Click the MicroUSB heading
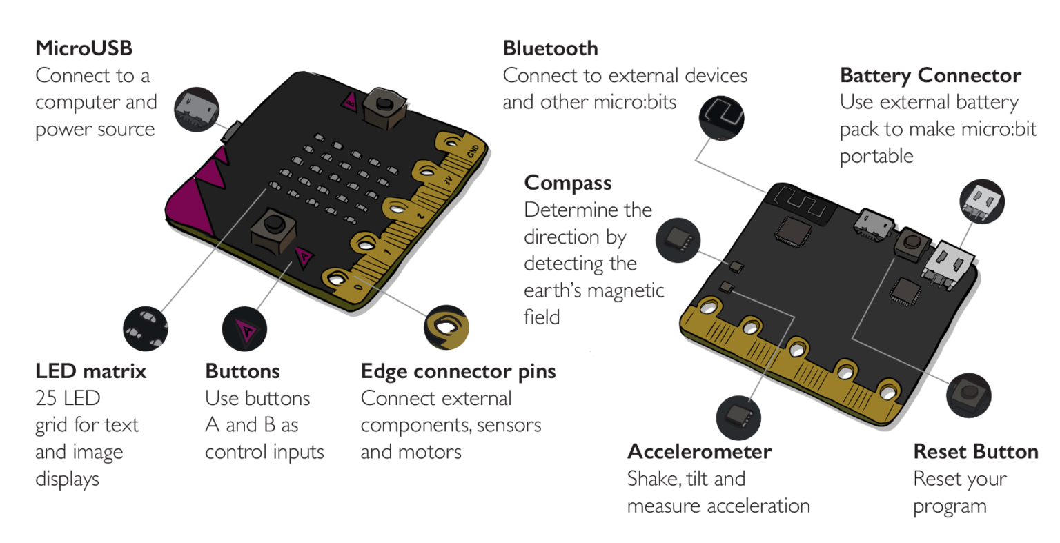point(84,48)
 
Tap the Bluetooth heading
point(550,48)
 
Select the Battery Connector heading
point(930,75)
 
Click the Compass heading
point(567,183)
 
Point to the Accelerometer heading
point(698,452)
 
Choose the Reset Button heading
point(975,452)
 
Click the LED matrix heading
point(90,371)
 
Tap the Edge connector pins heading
point(458,371)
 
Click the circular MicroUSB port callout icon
point(197,109)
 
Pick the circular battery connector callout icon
point(983,201)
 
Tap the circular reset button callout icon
point(969,395)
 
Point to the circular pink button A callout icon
point(244,329)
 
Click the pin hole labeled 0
point(337,278)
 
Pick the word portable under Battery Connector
point(876,156)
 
